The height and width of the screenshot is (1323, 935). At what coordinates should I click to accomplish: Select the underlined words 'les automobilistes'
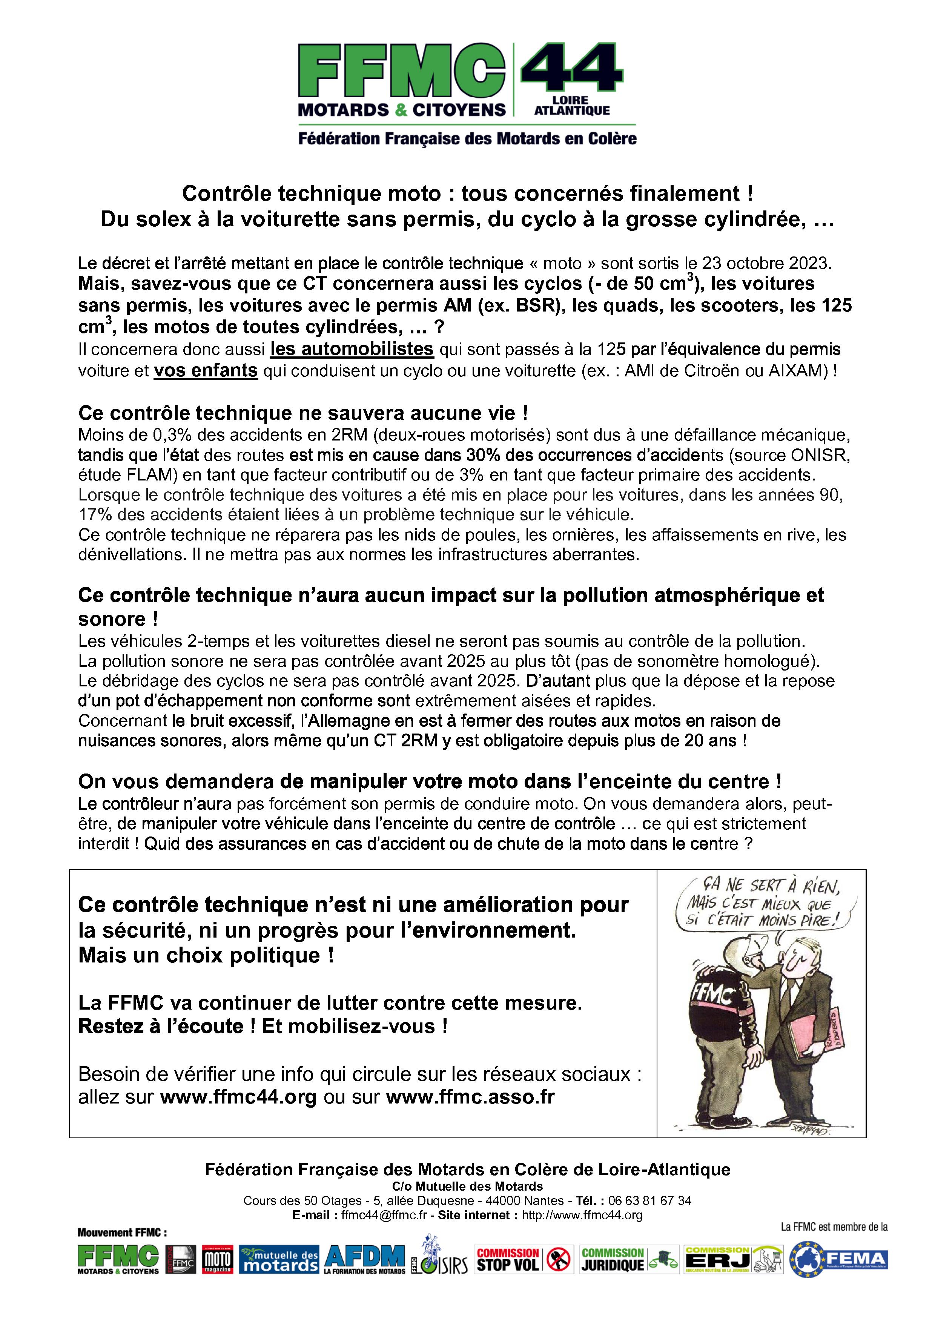pos(352,349)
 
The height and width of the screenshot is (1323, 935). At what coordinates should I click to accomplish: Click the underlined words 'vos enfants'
pos(205,370)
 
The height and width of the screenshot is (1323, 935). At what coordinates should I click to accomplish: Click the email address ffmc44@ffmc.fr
pos(384,1215)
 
